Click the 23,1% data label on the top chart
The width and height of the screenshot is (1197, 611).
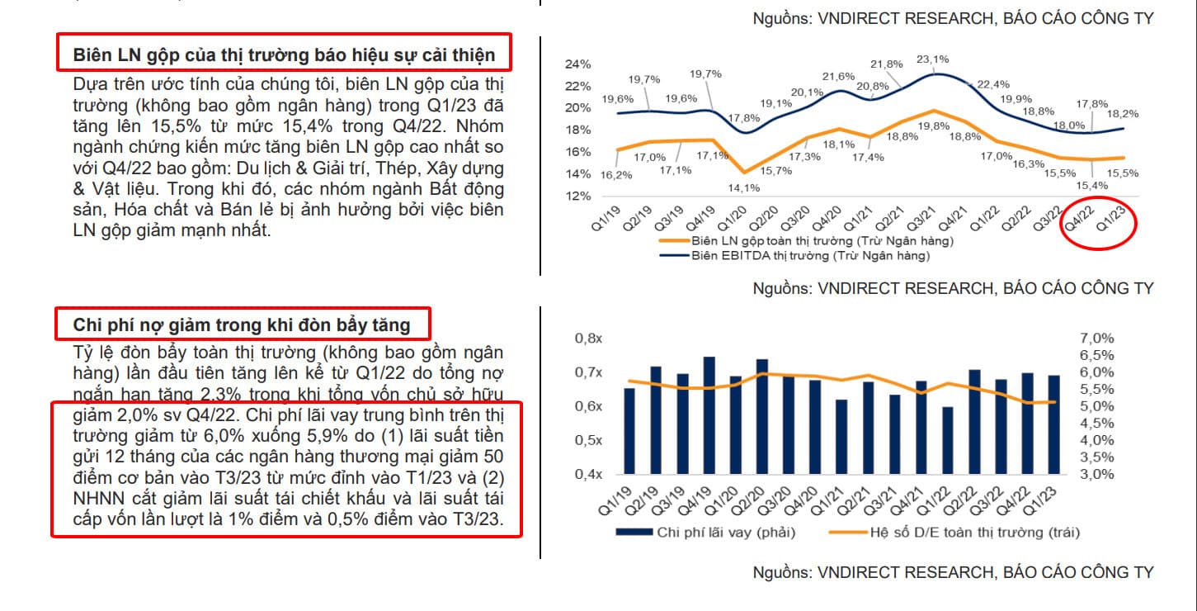(x=932, y=59)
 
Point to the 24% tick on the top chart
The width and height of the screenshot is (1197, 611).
(x=578, y=64)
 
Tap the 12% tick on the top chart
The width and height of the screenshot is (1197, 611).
(x=578, y=197)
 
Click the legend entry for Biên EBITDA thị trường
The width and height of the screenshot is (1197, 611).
(x=807, y=256)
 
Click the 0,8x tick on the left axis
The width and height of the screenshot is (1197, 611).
(x=590, y=339)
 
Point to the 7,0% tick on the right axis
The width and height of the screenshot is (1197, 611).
(x=1096, y=339)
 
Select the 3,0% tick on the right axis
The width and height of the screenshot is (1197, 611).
(x=1096, y=475)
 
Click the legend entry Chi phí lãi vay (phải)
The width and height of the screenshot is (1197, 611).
(x=726, y=533)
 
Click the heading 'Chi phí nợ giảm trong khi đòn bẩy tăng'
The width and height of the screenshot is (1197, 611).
(x=244, y=324)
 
